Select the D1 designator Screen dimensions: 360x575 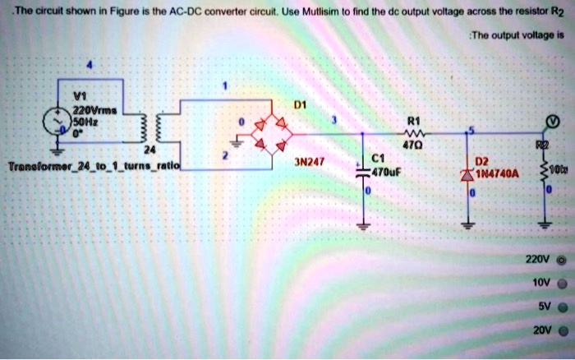pos(300,104)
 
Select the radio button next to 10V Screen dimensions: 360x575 pos(561,281)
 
